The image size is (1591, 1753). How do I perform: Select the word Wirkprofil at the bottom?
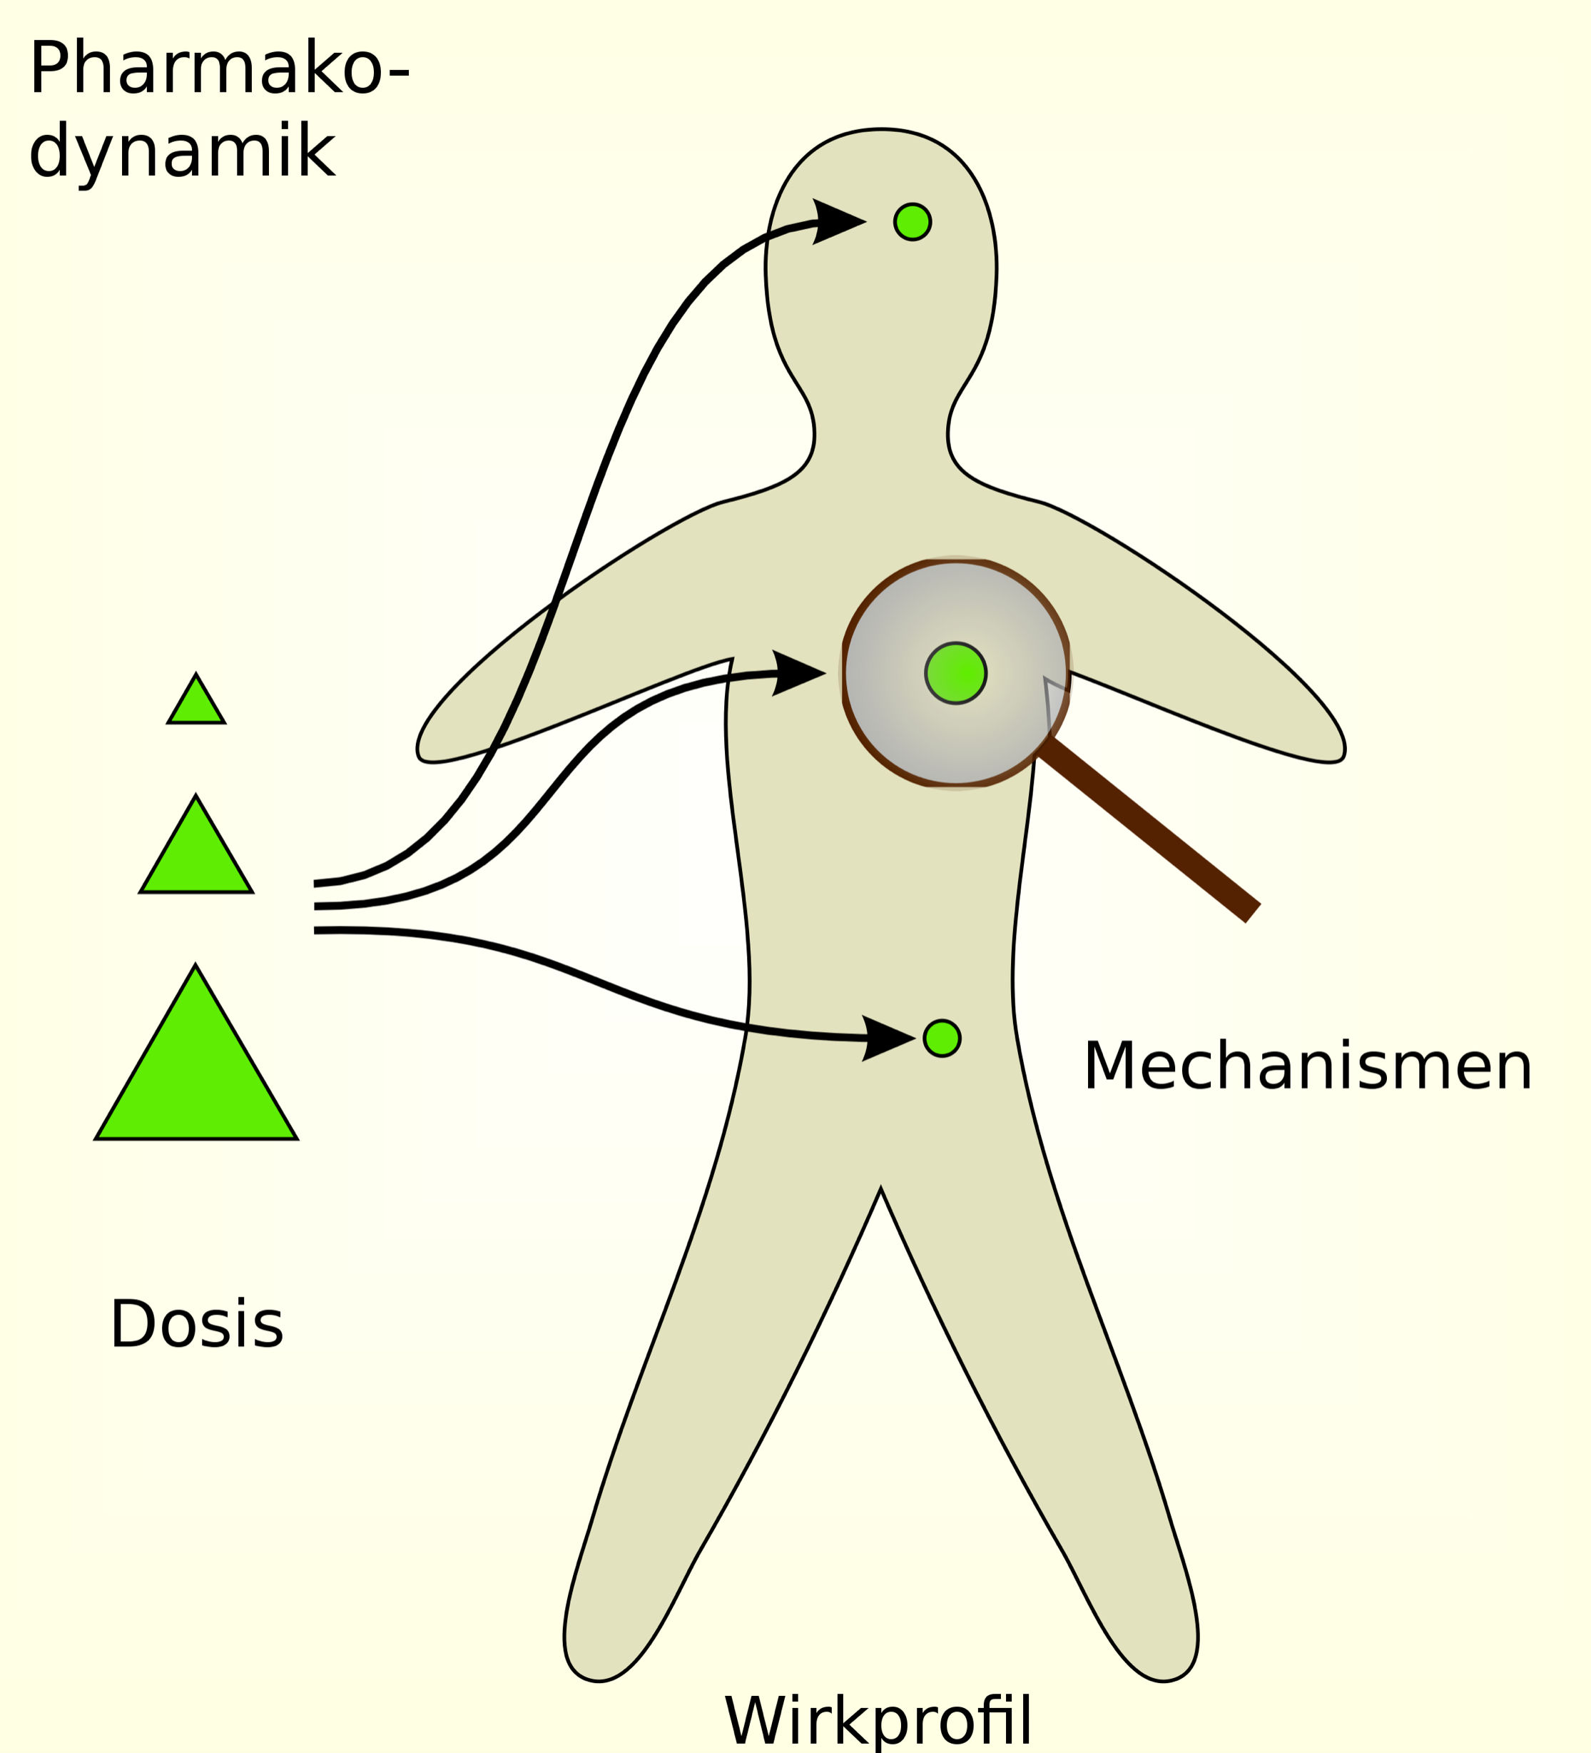tap(878, 1721)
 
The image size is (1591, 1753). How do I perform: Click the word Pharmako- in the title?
tap(219, 69)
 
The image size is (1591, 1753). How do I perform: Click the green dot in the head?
tap(912, 222)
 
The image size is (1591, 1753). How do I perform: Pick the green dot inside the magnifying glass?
tap(955, 674)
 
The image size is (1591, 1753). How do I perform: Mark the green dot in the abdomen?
tap(942, 1039)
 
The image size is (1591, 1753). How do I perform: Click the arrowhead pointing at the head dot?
tap(835, 222)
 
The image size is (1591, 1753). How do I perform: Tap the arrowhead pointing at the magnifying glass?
tap(795, 673)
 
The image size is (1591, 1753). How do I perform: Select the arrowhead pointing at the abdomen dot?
tap(885, 1039)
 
